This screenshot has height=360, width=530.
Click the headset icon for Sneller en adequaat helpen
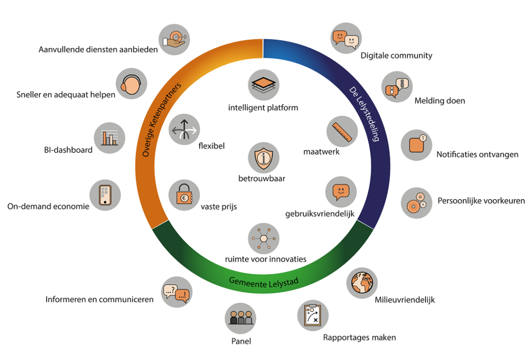coord(131,84)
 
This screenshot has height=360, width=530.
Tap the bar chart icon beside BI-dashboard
coord(110,138)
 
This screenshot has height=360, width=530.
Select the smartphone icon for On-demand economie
coord(105,195)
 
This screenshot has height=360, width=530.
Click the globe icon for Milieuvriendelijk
coord(362,283)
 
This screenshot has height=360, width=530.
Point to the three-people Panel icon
coord(240,318)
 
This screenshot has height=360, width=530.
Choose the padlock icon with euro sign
coord(184,195)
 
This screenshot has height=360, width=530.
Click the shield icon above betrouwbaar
coord(263,158)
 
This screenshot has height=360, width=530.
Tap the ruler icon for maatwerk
coord(342,131)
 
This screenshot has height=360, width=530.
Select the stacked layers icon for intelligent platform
coord(263,85)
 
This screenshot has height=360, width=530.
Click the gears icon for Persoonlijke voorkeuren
coord(417,203)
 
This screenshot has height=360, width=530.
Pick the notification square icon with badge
coord(417,145)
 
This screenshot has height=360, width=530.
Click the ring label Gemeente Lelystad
coord(263,282)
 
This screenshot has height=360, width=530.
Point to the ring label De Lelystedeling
coord(364,114)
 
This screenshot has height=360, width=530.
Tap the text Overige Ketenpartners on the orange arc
coord(161,119)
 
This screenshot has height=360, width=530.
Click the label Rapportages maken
coord(359,337)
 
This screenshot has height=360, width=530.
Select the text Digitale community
coord(396,55)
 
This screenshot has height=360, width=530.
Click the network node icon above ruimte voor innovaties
coord(263,238)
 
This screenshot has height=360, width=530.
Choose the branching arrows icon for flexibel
coord(184,130)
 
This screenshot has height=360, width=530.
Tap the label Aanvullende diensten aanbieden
coord(98,50)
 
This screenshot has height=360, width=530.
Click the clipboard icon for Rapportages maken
coord(313,316)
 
